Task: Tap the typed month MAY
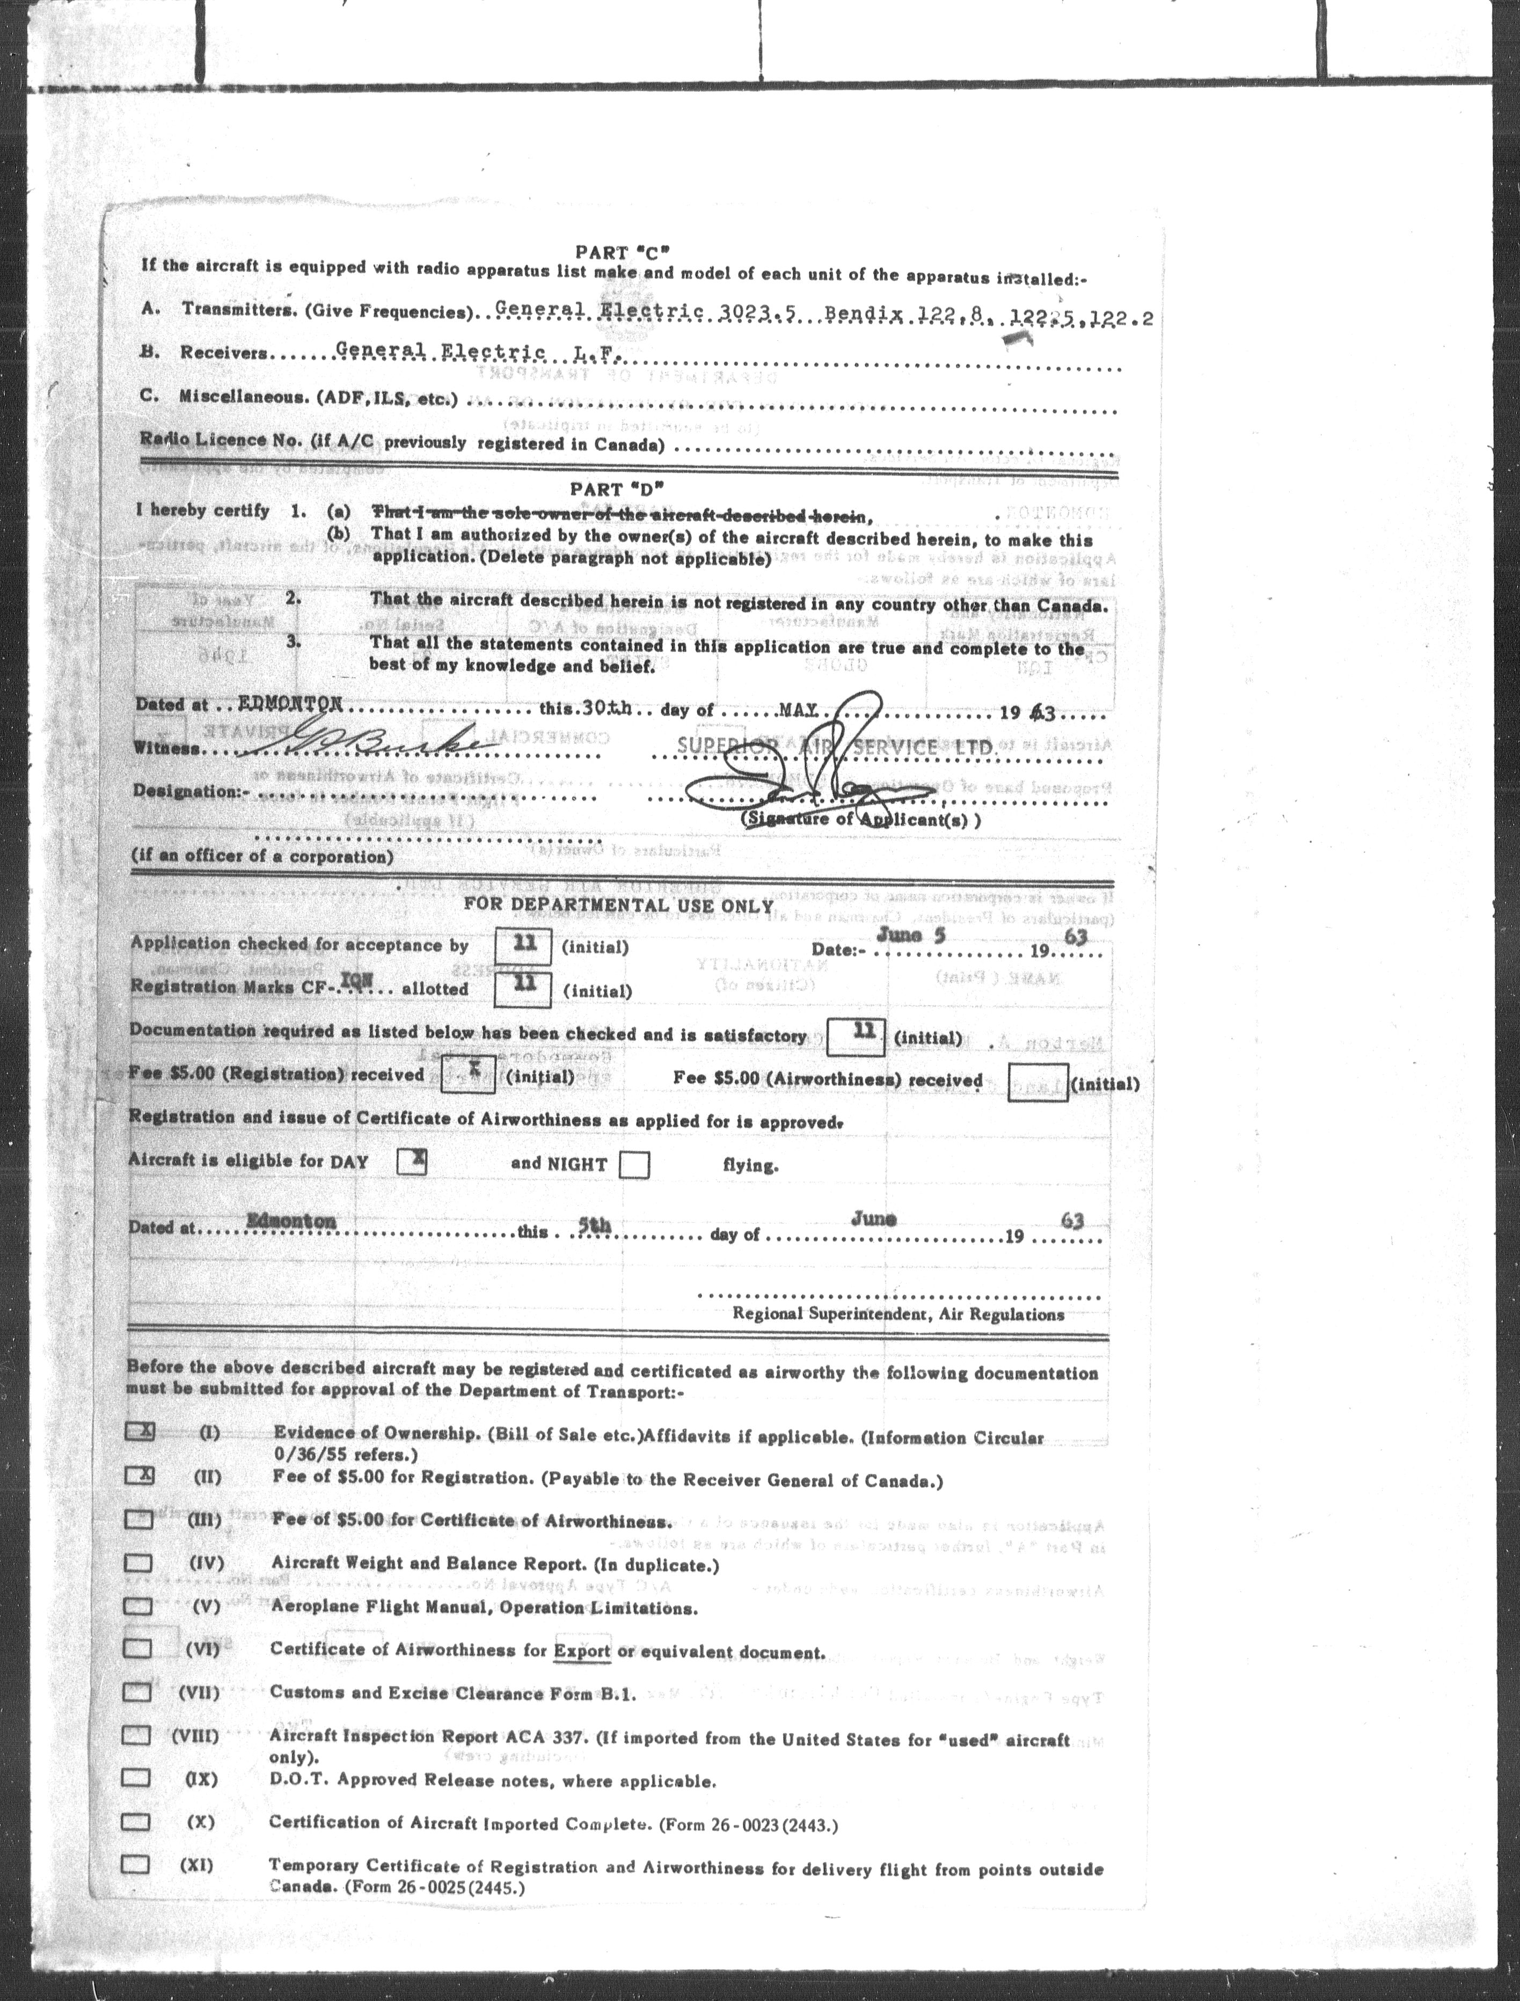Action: pos(799,711)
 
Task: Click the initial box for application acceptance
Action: pos(523,945)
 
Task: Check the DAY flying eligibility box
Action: pos(412,1160)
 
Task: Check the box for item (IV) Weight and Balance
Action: pos(138,1562)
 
